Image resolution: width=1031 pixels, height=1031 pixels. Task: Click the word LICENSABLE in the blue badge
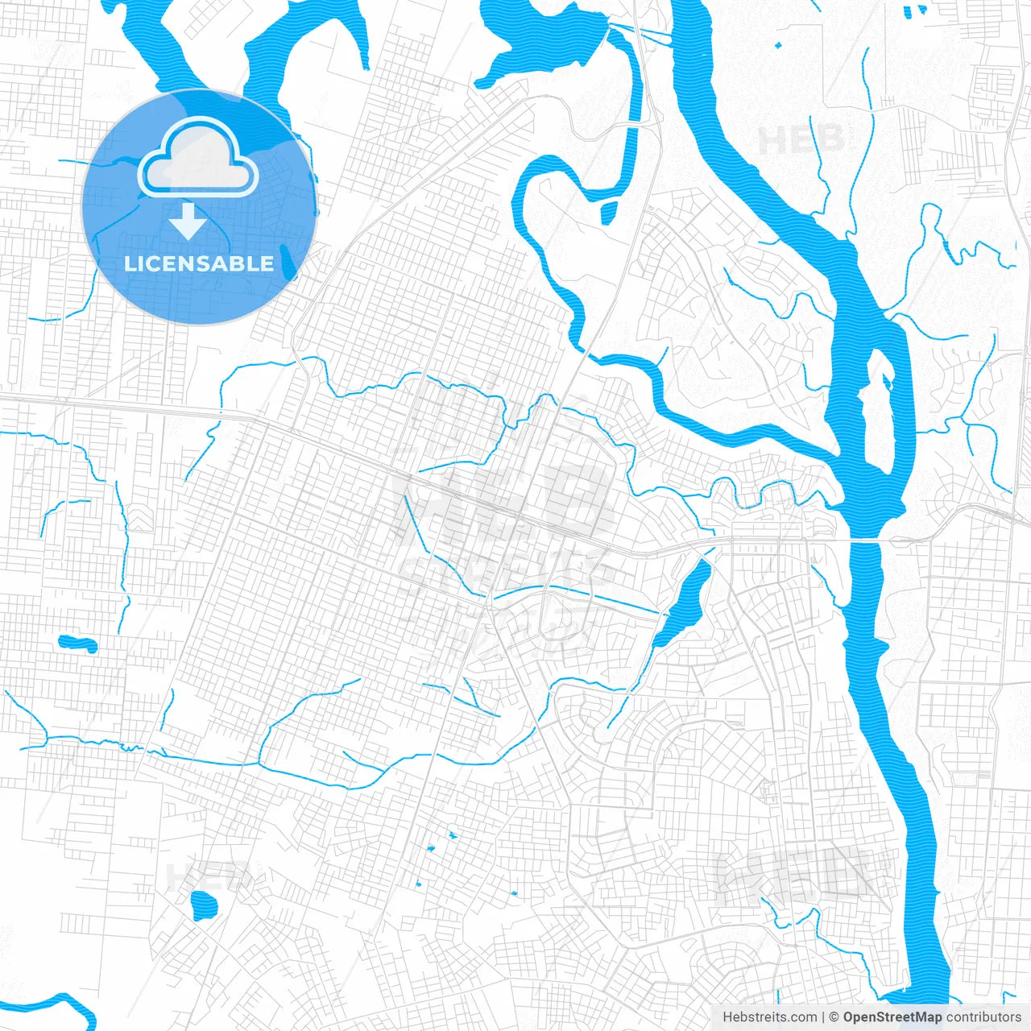click(x=199, y=263)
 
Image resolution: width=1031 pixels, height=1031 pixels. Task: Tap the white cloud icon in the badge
click(x=198, y=159)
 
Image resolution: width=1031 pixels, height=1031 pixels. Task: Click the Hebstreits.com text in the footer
click(x=769, y=1017)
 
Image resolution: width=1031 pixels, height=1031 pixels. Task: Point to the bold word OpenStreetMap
click(x=892, y=1017)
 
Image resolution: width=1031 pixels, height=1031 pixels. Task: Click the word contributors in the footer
click(x=983, y=1017)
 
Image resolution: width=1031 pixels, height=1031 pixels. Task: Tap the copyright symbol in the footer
click(x=834, y=1017)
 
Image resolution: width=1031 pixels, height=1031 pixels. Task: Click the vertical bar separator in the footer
click(x=823, y=1017)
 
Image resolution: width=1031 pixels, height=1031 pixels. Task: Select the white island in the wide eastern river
click(x=878, y=419)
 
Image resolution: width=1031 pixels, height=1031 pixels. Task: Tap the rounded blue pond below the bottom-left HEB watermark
click(x=203, y=907)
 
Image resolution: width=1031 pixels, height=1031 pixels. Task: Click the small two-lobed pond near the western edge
click(x=77, y=644)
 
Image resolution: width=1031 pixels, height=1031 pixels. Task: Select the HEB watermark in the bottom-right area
click(x=793, y=874)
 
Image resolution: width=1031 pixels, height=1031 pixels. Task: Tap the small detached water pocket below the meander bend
click(x=609, y=212)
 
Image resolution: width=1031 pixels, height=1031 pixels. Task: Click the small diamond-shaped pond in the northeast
click(x=778, y=45)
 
